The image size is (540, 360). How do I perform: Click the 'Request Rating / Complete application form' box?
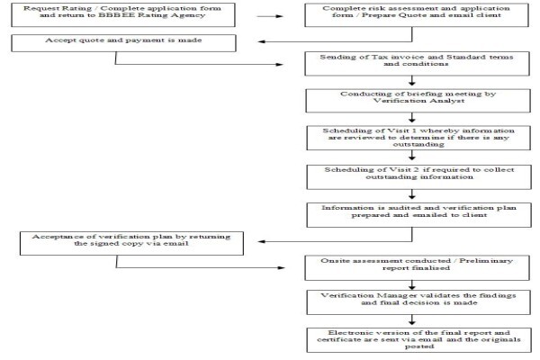tap(123, 14)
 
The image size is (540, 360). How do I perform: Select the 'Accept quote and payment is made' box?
tap(123, 43)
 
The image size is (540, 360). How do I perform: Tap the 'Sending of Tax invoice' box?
tap(417, 64)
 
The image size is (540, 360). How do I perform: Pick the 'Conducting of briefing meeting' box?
tap(418, 101)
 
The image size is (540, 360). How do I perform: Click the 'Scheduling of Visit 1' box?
tap(418, 138)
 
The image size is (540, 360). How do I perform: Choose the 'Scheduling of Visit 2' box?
tap(418, 177)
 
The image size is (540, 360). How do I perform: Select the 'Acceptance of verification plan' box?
tap(131, 243)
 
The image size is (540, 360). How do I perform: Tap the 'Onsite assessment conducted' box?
tap(417, 267)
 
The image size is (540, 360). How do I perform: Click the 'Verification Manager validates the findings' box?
tap(418, 302)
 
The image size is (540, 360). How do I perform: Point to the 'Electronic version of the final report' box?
tap(418, 340)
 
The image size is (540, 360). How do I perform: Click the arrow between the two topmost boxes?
tap(270, 16)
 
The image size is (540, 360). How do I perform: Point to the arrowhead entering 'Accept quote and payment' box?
tap(261, 41)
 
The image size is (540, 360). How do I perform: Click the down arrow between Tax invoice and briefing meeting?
tap(412, 81)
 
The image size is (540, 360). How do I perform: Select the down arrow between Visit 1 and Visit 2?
tap(412, 156)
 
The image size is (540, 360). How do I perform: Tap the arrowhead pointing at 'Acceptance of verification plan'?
tap(261, 241)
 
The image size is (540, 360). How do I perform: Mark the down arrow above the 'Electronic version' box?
tap(412, 320)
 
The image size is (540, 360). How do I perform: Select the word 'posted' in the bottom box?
tap(418, 346)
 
